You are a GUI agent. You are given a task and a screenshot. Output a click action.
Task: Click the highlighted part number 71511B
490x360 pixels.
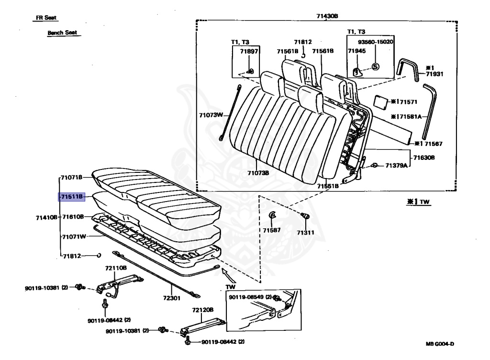tap(72, 197)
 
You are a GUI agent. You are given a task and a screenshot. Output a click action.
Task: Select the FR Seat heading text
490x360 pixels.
tap(46, 18)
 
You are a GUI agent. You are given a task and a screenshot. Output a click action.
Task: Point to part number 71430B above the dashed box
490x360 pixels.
tap(327, 16)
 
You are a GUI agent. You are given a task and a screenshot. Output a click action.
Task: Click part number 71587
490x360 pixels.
tap(271, 230)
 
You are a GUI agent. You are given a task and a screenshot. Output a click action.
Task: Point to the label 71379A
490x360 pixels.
tap(397, 166)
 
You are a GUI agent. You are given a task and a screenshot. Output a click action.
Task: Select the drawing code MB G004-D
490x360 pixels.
tap(440, 344)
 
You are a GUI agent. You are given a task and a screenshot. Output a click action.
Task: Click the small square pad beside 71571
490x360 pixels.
tap(380, 101)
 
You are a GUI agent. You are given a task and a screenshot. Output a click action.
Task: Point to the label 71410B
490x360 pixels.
tap(46, 217)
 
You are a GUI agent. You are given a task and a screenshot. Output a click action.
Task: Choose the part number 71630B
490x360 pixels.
tap(424, 157)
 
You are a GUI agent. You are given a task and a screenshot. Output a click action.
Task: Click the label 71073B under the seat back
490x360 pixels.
tap(258, 172)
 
